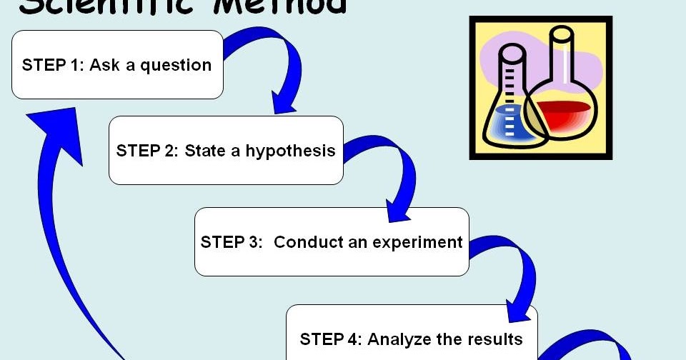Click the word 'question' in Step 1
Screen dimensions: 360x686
click(x=176, y=66)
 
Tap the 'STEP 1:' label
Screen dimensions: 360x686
click(x=51, y=66)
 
